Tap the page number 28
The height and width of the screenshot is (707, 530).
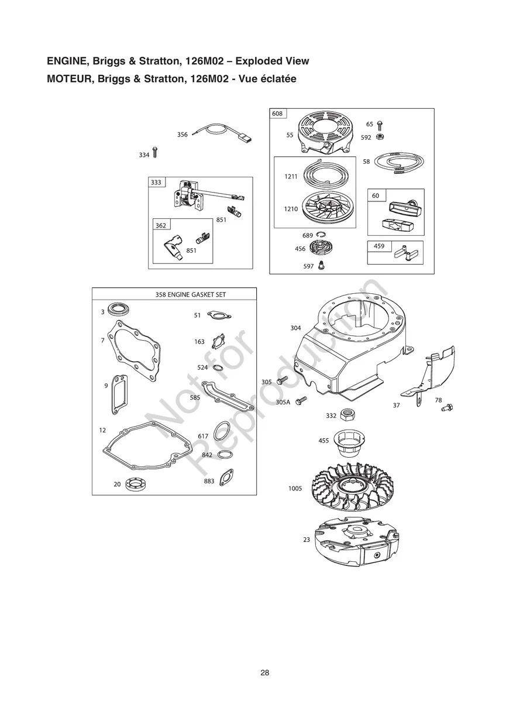click(265, 672)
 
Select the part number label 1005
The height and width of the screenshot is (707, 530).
click(295, 488)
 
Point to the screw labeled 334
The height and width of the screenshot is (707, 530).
click(154, 153)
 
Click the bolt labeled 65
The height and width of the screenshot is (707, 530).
click(380, 125)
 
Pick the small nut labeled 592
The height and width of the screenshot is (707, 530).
click(380, 138)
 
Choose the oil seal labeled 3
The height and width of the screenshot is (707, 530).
click(119, 311)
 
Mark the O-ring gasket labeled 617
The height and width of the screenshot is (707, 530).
click(221, 433)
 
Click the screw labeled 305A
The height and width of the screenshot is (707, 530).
click(302, 401)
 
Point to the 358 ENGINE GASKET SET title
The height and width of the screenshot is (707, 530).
click(190, 295)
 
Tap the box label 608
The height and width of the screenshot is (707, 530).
click(277, 114)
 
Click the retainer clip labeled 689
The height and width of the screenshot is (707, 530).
click(319, 235)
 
